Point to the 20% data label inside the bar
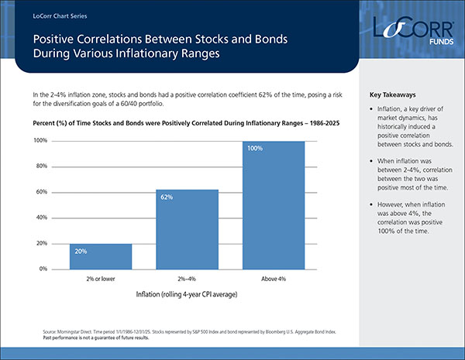point(81,251)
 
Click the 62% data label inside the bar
point(167,197)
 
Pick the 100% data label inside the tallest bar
point(255,148)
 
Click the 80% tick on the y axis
point(40,166)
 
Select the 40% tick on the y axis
point(40,218)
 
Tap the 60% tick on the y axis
point(40,192)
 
